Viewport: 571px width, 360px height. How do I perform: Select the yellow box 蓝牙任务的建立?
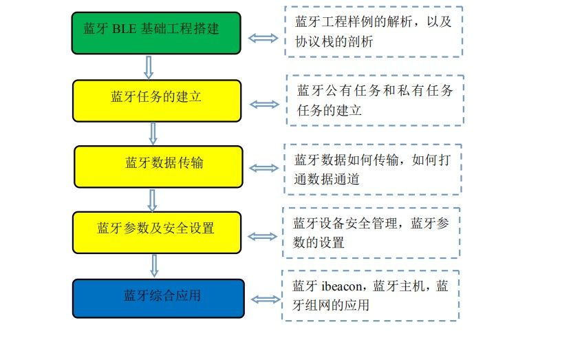158,100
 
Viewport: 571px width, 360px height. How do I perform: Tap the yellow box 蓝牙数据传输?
159,166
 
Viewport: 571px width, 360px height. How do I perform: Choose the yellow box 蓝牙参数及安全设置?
158,232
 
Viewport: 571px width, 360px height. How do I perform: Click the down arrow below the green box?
149,67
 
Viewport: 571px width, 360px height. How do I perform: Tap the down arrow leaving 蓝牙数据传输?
153,200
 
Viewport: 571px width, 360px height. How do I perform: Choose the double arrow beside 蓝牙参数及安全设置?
261,236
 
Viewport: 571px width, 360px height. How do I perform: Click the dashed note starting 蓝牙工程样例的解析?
374,32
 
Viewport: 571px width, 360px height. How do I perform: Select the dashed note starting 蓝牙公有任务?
375,100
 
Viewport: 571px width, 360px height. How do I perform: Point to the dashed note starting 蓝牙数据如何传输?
372,169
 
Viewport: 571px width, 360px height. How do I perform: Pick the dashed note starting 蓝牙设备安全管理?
371,233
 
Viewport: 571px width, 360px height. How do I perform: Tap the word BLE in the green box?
123,29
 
